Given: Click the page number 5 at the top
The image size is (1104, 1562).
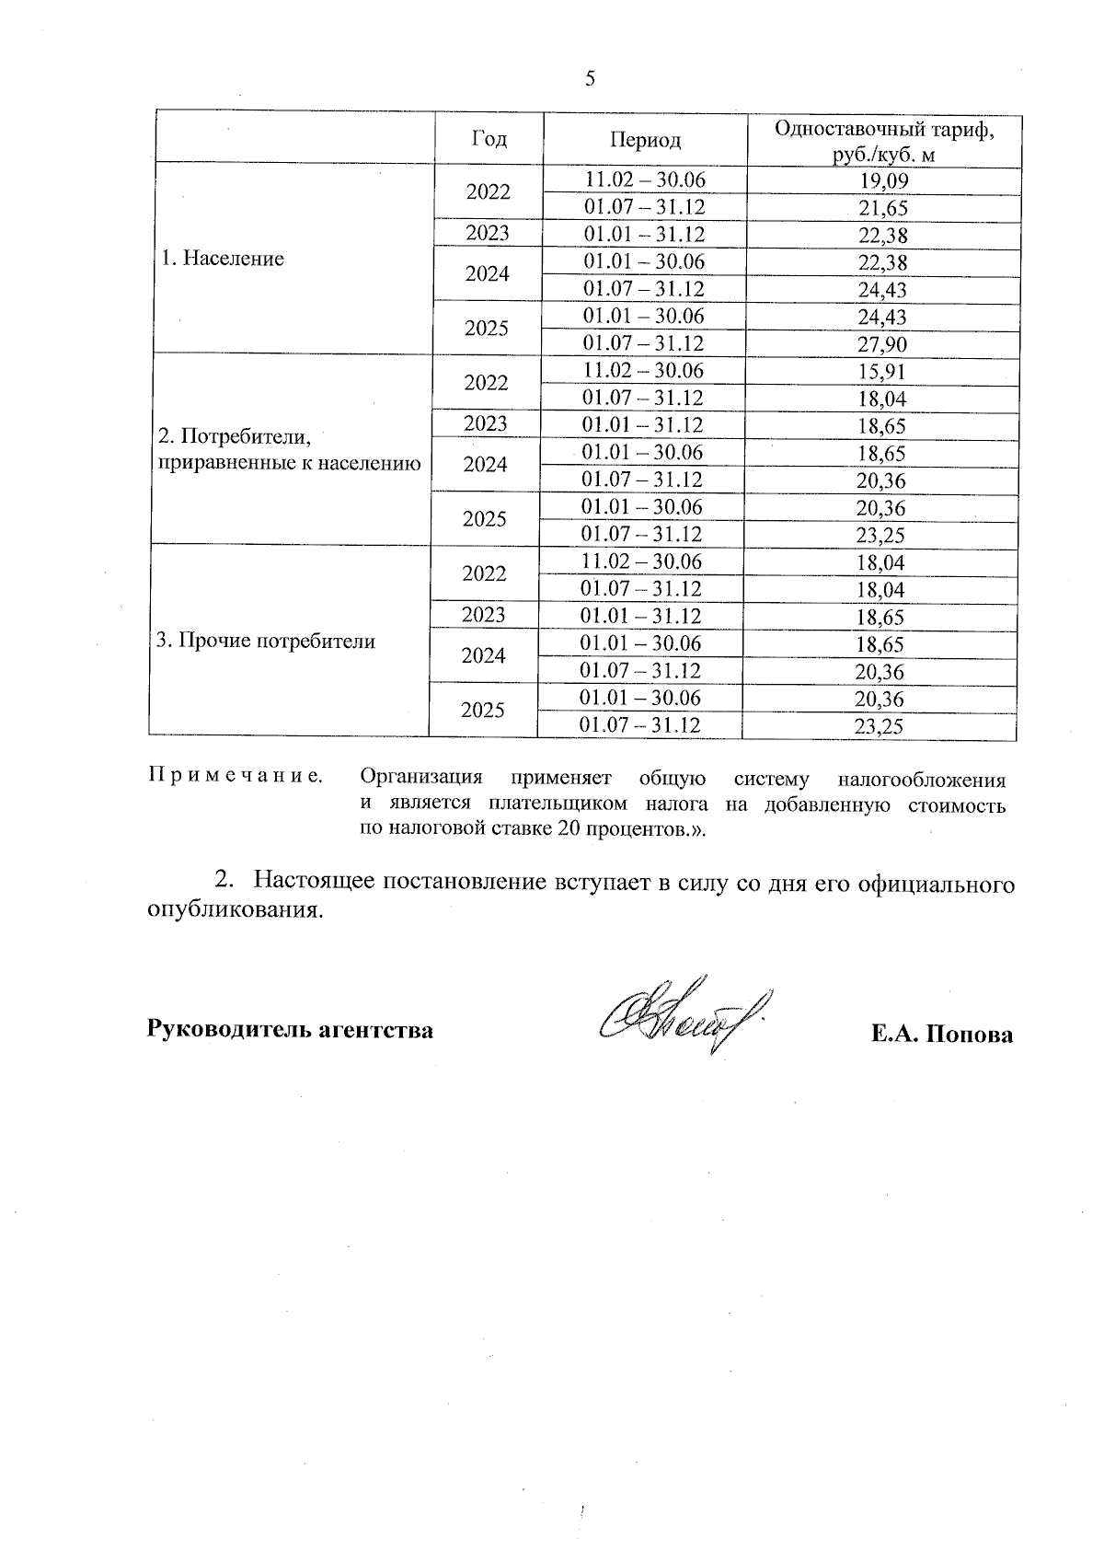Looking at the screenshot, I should pyautogui.click(x=591, y=79).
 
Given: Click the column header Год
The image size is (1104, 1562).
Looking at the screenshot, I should pyautogui.click(x=489, y=139).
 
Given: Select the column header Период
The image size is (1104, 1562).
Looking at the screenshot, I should pyautogui.click(x=645, y=140).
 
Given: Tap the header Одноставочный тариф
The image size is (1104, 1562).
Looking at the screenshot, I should pyautogui.click(x=883, y=130).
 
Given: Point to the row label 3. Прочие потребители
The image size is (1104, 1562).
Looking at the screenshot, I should pyautogui.click(x=266, y=642).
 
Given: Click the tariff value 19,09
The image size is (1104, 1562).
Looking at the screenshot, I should pyautogui.click(x=882, y=181).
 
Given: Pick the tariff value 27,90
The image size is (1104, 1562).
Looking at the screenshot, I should pyautogui.click(x=882, y=345).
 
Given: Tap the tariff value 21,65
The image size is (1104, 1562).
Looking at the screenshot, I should pyautogui.click(x=882, y=209).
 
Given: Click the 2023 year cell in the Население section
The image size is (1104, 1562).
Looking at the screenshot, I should pyautogui.click(x=488, y=234).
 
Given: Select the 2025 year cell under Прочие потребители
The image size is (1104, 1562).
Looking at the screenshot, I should pyautogui.click(x=482, y=711).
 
